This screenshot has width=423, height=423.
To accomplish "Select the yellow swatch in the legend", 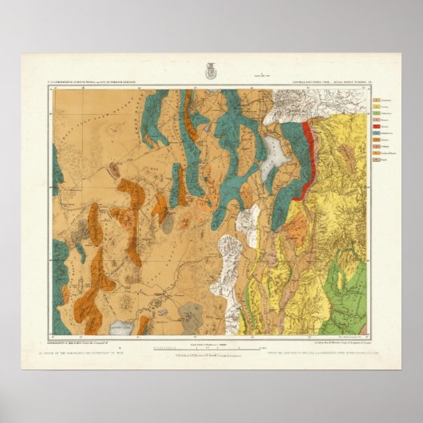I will [x=377, y=107].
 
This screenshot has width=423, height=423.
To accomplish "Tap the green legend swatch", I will [x=377, y=113].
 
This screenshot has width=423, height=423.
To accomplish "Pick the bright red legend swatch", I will [x=377, y=127].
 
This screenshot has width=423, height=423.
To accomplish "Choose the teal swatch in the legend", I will [x=377, y=133].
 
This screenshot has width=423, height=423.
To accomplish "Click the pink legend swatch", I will [x=377, y=120].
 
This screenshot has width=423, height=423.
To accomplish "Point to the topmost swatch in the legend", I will [x=377, y=101].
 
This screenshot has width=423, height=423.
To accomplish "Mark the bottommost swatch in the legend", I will [x=377, y=160].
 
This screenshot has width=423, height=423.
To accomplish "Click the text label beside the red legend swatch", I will [x=385, y=127].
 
